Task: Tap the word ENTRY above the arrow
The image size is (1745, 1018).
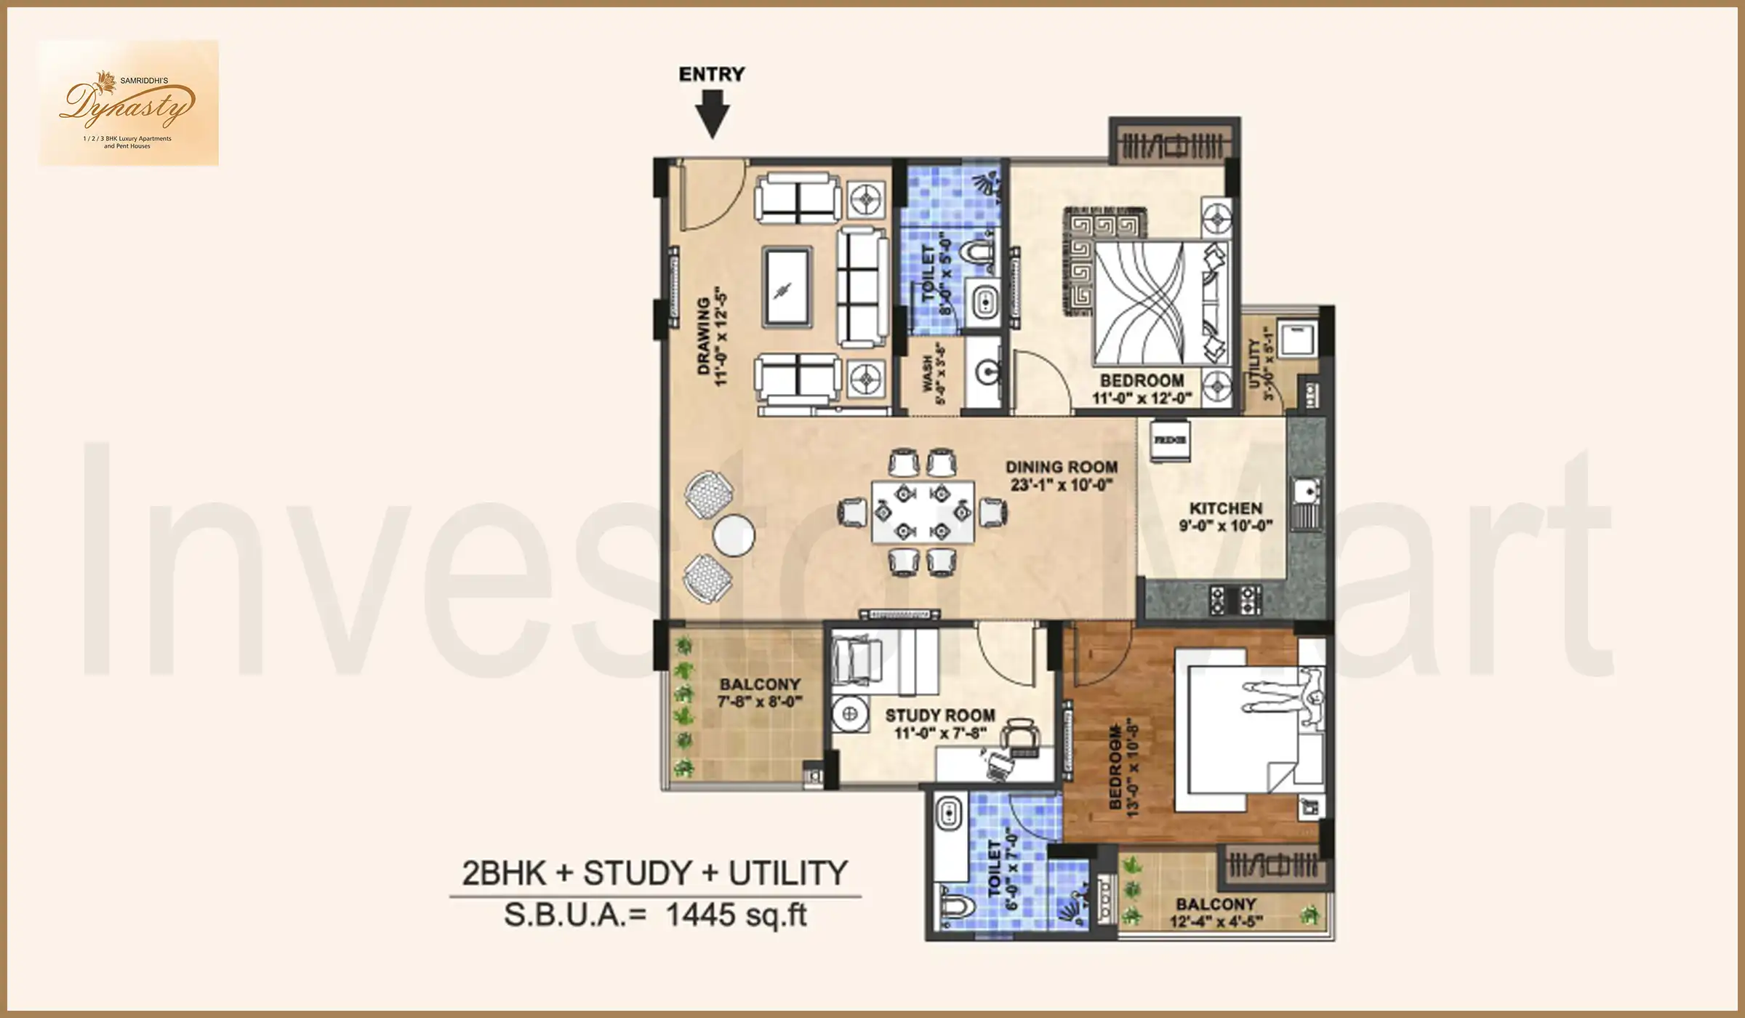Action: [712, 74]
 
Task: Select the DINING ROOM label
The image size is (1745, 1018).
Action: [1062, 476]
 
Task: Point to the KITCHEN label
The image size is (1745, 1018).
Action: [1226, 516]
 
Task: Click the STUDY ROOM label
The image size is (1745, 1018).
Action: [940, 724]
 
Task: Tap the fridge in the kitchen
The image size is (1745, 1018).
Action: [1170, 440]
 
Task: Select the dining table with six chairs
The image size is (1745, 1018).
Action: [923, 512]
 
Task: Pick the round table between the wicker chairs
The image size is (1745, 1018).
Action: [734, 535]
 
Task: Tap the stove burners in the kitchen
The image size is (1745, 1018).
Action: [1235, 601]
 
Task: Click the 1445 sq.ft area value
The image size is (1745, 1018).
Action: [736, 915]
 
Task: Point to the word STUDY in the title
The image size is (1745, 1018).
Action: [636, 873]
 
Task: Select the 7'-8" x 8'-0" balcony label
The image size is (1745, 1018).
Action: [760, 693]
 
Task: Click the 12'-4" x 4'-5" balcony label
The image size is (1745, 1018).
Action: [1216, 913]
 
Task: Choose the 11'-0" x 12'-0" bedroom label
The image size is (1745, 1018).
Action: [1142, 389]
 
